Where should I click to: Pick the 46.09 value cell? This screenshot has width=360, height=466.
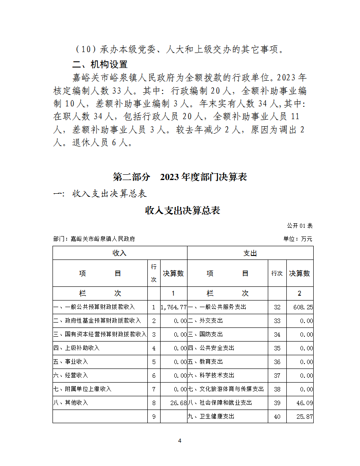tap(304, 403)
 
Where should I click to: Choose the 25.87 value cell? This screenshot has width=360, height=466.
tap(304, 417)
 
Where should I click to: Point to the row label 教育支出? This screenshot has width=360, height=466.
tap(206, 362)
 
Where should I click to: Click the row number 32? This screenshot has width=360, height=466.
tap(277, 307)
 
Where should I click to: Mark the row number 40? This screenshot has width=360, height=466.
tap(277, 417)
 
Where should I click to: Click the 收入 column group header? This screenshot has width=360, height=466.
tap(120, 253)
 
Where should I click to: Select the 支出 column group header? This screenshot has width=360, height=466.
tap(250, 253)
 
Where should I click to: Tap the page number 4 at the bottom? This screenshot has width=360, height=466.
tap(180, 441)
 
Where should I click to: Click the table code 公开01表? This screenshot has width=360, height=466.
tap(300, 225)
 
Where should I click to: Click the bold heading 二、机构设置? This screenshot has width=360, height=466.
tap(100, 64)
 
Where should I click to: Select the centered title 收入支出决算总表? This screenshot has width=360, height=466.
tap(183, 210)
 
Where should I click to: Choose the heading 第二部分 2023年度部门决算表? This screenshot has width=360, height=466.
tap(180, 177)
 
